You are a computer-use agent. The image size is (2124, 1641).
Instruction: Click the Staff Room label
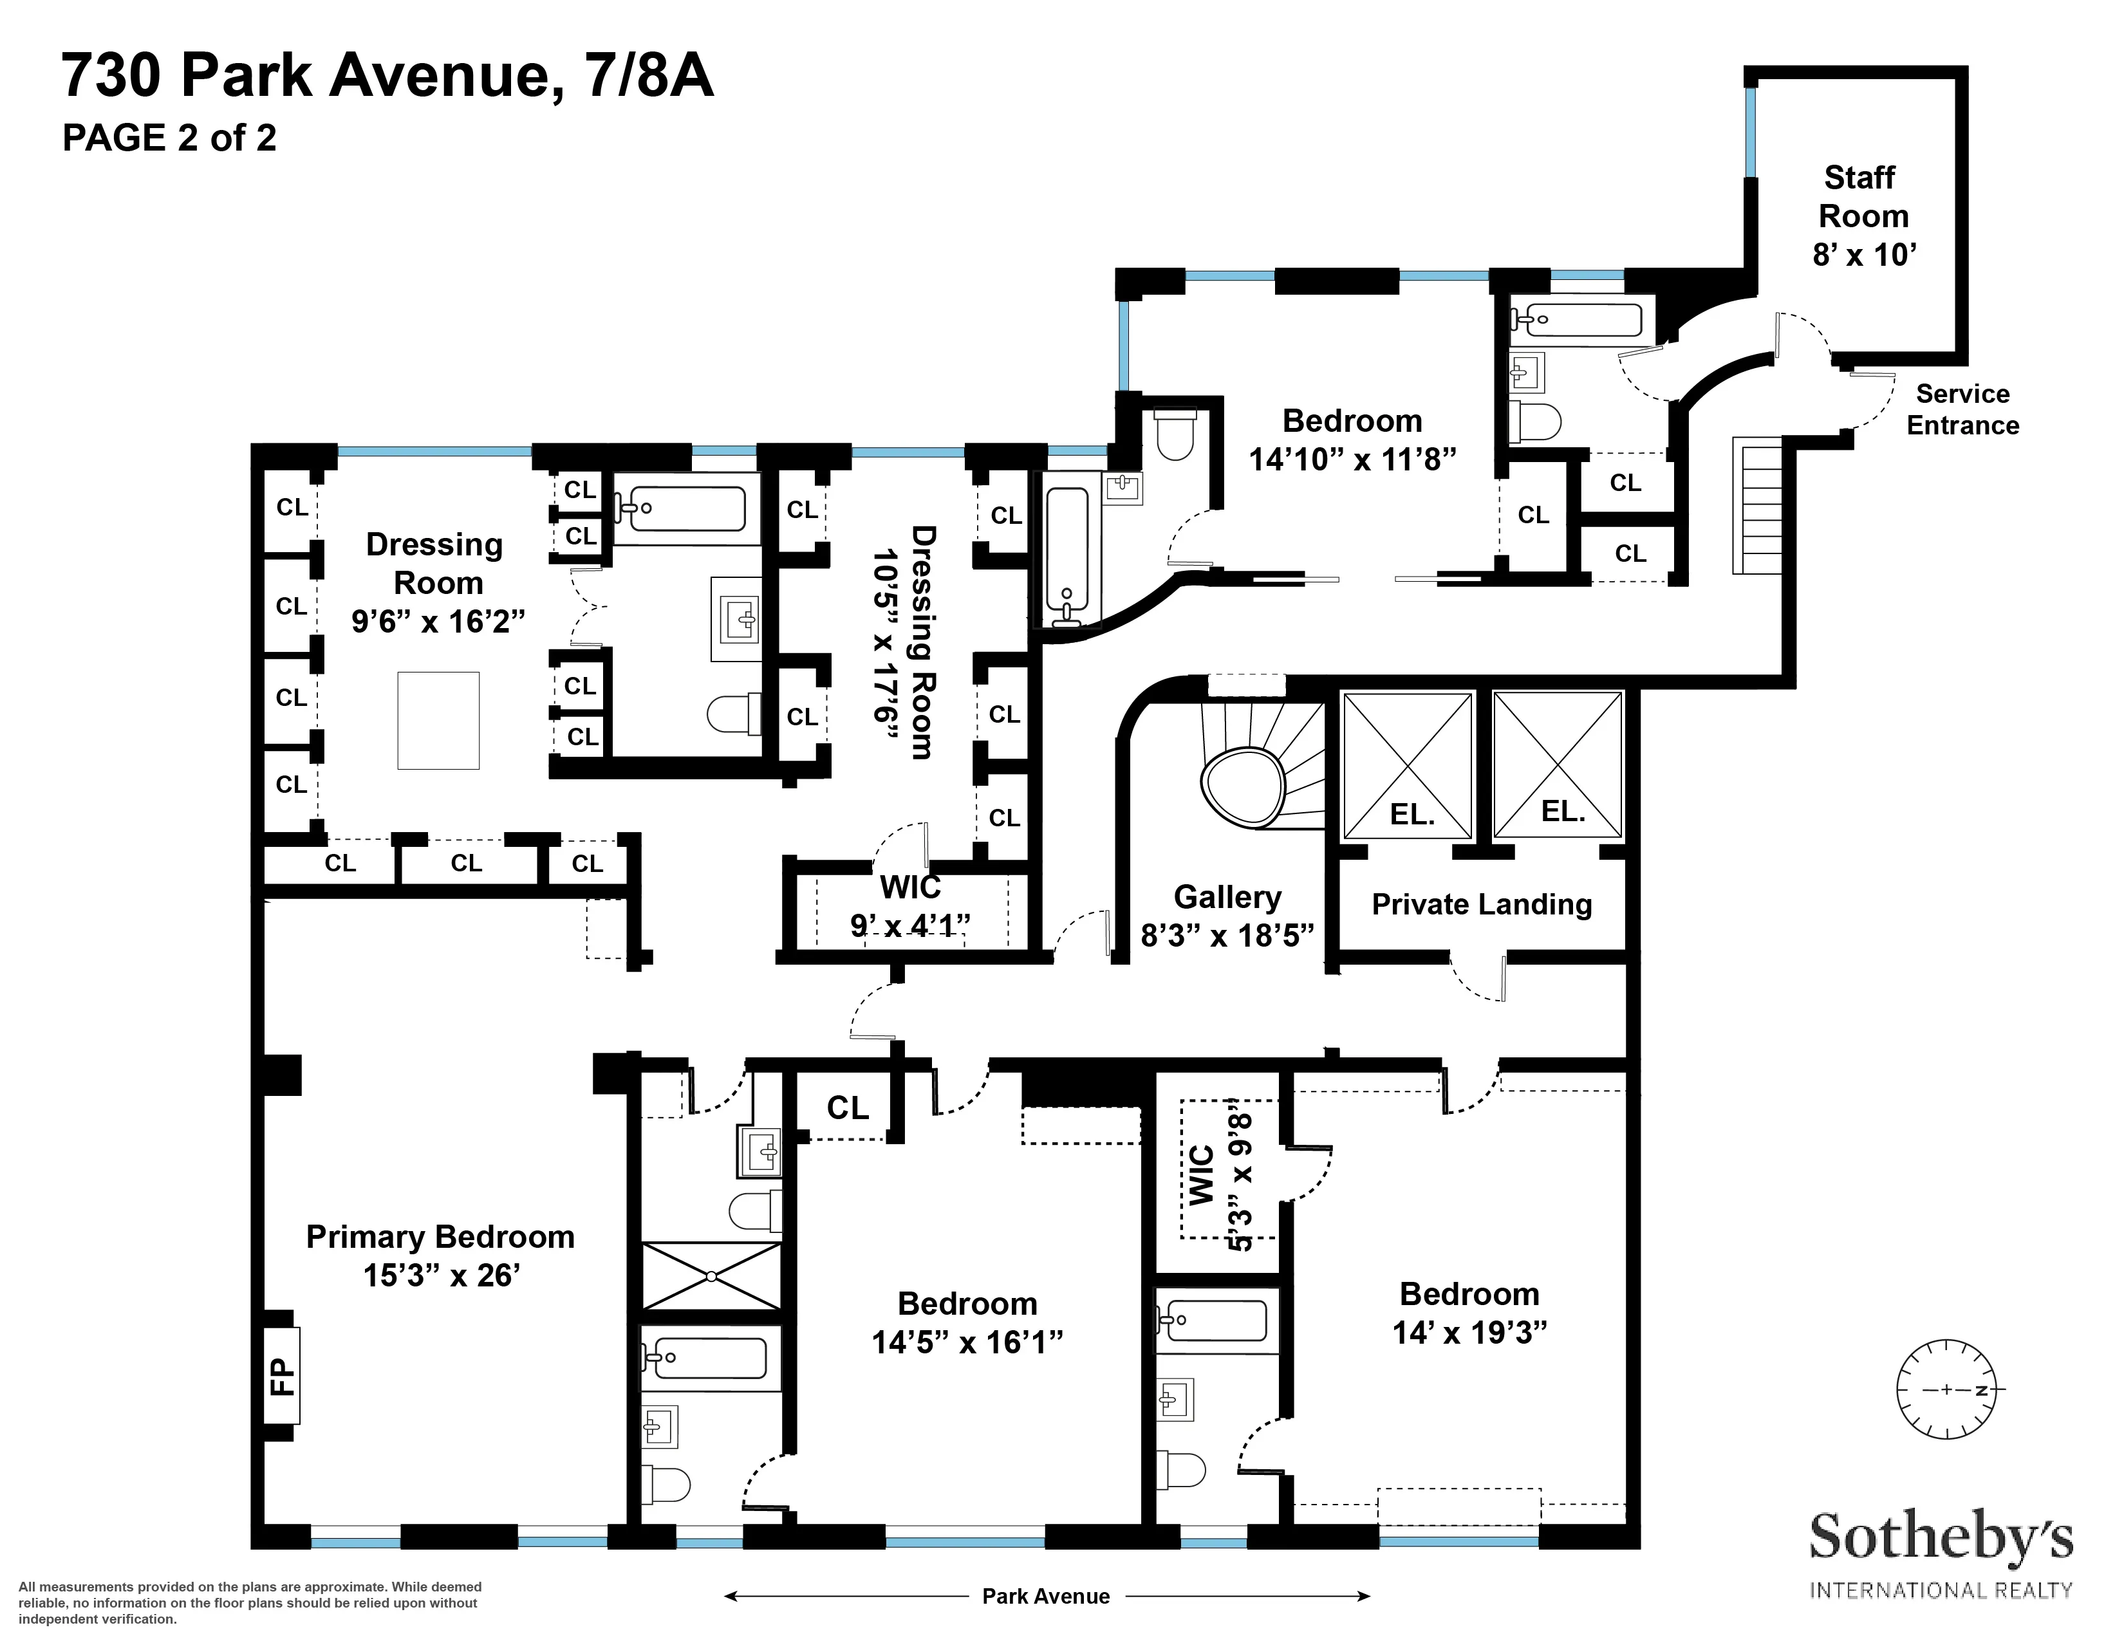click(1863, 198)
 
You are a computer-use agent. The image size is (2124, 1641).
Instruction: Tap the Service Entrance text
click(1962, 409)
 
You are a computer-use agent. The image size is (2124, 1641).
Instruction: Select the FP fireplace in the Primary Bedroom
click(281, 1377)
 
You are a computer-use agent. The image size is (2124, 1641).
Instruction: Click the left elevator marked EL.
click(1407, 766)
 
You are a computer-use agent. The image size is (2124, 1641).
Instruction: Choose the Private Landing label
click(1481, 904)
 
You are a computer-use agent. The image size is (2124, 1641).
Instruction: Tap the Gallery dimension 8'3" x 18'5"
click(1227, 935)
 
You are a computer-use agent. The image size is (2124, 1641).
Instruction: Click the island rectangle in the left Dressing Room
click(438, 720)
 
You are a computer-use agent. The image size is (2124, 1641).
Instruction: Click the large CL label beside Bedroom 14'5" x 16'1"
click(847, 1108)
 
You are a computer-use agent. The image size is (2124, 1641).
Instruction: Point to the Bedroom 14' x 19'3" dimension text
click(1469, 1332)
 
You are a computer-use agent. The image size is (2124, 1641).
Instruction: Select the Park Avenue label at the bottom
click(1045, 1597)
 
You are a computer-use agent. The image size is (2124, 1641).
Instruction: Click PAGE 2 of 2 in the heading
click(169, 138)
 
